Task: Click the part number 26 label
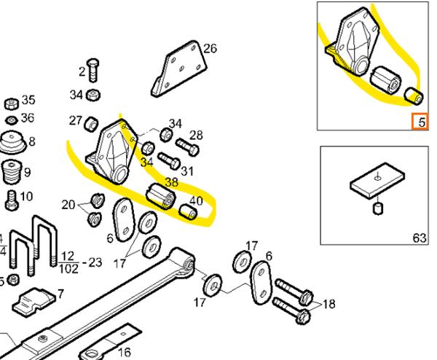pos(210,49)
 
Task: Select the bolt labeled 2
pos(92,70)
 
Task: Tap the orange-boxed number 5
pos(420,122)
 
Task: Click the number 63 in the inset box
pos(420,238)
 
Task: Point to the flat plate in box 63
pos(377,181)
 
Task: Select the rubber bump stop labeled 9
pos(12,171)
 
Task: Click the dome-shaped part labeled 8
pos(12,143)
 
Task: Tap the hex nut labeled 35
pos(12,104)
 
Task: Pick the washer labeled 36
pos(12,120)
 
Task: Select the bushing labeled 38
pos(161,196)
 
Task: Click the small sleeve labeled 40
pos(188,211)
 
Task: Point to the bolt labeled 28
pos(187,147)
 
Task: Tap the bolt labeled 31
pos(169,161)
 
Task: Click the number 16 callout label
pos(125,352)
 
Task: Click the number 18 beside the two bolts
pos(329,304)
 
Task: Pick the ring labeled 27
pos(91,125)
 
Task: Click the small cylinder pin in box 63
pos(377,208)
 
